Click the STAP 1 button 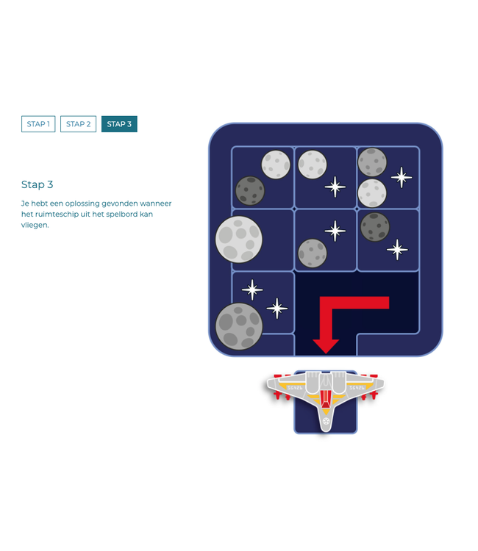coord(38,124)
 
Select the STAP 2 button coord(78,124)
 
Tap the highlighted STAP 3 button coord(119,124)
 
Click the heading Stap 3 coord(38,184)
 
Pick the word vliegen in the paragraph coord(35,225)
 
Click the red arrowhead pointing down coord(326,345)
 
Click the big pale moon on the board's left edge coord(239,239)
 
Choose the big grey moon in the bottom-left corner coord(239,325)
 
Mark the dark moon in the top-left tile coord(250,190)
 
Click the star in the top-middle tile coord(335,187)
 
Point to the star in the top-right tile coord(401,177)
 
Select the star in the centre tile coord(335,231)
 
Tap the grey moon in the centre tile coord(313,253)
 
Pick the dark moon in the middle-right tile coord(375,227)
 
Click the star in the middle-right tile coord(397,250)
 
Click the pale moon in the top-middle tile coord(313,165)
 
